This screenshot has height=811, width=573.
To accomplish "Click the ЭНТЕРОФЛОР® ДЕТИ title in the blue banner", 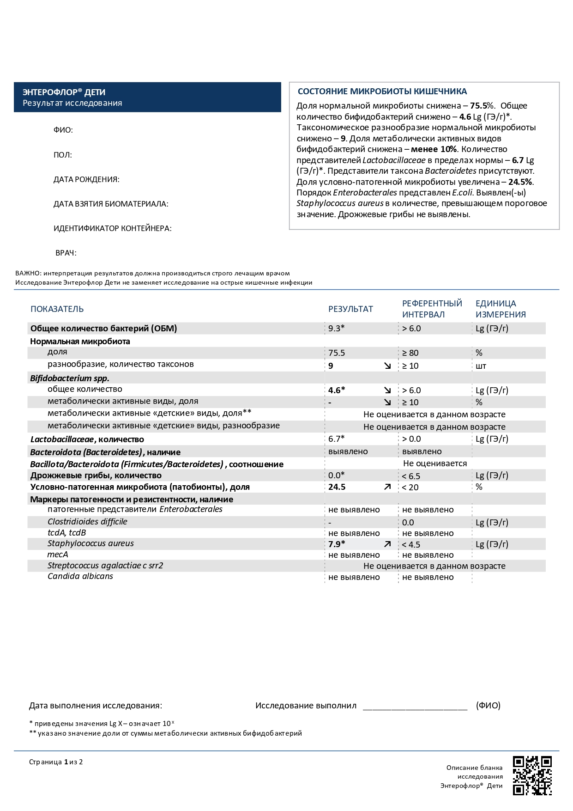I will [64, 92].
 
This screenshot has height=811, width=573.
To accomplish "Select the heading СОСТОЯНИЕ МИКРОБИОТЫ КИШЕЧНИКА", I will [382, 91].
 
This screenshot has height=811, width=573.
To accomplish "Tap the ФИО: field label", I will [63, 130].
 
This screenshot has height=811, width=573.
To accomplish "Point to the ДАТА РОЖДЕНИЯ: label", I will [86, 179].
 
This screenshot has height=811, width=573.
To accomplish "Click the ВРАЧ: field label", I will [66, 253].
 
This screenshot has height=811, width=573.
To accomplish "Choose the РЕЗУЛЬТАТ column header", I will [350, 309].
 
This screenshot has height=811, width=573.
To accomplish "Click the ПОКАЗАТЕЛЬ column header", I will [57, 309].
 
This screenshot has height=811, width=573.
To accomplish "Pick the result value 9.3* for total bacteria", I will [337, 329].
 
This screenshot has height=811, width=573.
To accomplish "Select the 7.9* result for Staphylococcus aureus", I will [337, 544].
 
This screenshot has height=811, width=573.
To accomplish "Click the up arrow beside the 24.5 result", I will [387, 487].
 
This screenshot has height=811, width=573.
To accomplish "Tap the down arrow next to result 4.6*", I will [387, 390].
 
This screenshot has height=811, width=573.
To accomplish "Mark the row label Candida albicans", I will [80, 576].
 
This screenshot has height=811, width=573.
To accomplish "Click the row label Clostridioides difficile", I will [87, 522].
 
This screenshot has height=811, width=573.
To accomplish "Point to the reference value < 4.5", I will [411, 545].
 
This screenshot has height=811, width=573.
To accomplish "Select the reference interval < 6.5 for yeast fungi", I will [411, 476].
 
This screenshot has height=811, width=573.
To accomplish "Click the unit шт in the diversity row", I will [481, 366].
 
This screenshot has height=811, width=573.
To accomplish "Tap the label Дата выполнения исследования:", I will [96, 706].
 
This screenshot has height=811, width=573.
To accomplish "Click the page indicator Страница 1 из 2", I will [56, 762].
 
